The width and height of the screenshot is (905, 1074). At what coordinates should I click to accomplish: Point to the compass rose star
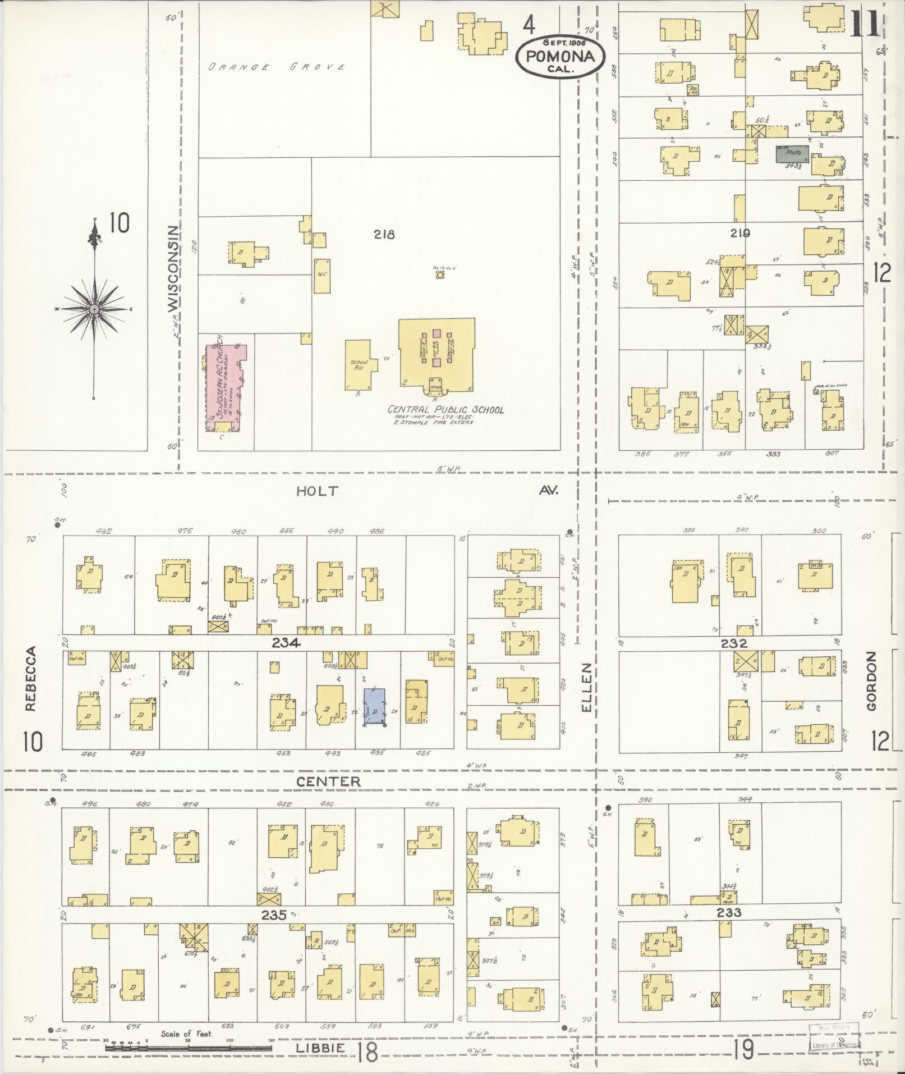pyautogui.click(x=94, y=309)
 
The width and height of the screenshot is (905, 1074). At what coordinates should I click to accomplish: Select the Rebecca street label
pyautogui.click(x=31, y=679)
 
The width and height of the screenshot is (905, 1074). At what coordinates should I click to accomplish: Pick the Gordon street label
pyautogui.click(x=871, y=681)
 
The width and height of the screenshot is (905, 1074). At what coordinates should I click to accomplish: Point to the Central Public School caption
pyautogui.click(x=446, y=409)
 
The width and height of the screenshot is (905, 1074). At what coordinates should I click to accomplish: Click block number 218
pyautogui.click(x=384, y=234)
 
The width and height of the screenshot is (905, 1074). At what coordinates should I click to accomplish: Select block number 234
pyautogui.click(x=287, y=643)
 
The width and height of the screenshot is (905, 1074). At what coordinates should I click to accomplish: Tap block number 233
pyautogui.click(x=728, y=912)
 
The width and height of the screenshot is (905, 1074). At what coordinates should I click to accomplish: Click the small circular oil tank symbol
pyautogui.click(x=440, y=275)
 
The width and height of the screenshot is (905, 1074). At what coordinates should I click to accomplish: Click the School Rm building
pyautogui.click(x=359, y=364)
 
